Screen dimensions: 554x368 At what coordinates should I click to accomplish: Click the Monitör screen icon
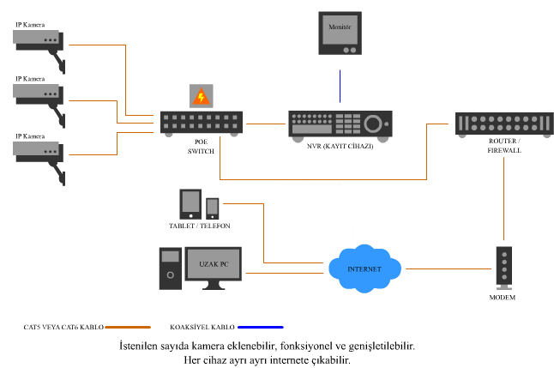click(x=340, y=33)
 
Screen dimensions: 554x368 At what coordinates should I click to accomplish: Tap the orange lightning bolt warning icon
click(x=201, y=96)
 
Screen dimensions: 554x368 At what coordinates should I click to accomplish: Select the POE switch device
click(x=202, y=124)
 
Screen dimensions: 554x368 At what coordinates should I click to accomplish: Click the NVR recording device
click(x=340, y=126)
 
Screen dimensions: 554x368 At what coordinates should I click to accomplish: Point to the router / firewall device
click(x=504, y=124)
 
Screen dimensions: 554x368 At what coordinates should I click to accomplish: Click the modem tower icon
click(x=504, y=268)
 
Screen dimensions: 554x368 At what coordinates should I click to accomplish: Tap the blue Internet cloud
click(x=364, y=268)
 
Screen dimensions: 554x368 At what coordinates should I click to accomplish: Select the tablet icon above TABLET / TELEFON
click(x=190, y=204)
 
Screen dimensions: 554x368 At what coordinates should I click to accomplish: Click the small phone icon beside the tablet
click(x=213, y=208)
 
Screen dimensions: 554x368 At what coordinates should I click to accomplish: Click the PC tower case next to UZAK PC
click(x=171, y=268)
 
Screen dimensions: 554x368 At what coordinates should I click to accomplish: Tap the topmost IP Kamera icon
click(x=39, y=51)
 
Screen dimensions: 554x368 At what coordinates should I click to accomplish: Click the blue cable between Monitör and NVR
click(x=340, y=87)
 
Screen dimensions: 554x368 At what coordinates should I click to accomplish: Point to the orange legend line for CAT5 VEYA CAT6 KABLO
click(x=128, y=328)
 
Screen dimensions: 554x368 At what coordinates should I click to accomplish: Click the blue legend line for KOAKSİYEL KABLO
click(x=261, y=328)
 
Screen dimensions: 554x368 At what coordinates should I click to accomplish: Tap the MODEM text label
click(x=502, y=298)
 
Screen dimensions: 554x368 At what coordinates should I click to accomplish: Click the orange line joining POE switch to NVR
click(x=266, y=124)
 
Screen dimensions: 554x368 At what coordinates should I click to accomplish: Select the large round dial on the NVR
click(x=373, y=124)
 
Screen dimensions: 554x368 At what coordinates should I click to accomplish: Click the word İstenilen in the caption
click(x=138, y=346)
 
